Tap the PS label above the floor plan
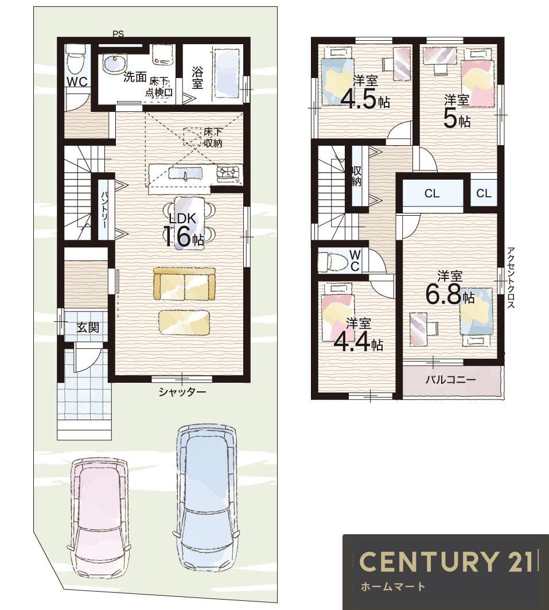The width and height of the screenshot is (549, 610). (x=119, y=34)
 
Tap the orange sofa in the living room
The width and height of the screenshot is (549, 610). (x=184, y=283)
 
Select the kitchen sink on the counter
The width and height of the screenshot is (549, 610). (x=186, y=173)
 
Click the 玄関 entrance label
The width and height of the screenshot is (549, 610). (x=87, y=327)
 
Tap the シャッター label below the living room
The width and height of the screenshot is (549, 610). (x=182, y=392)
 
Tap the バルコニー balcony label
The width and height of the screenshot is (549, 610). (x=450, y=380)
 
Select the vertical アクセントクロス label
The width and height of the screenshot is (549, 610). (x=511, y=278)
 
